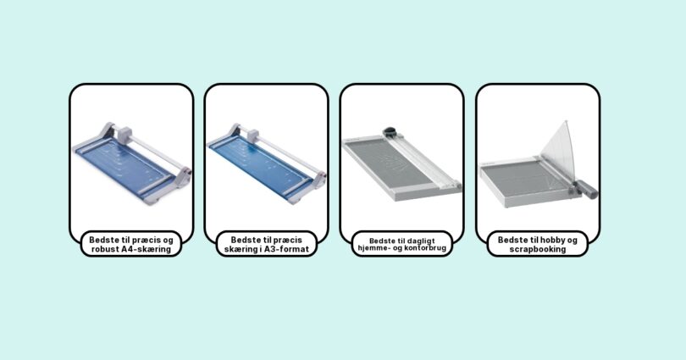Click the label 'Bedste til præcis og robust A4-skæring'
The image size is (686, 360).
point(130,244)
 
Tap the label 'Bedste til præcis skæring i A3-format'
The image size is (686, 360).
point(267,244)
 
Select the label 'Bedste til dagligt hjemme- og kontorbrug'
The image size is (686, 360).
point(402,244)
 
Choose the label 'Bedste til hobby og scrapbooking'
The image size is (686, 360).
point(537,244)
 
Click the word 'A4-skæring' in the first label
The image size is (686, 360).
point(147,249)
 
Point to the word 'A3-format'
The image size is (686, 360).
point(290,249)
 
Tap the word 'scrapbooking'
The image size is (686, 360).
point(537,249)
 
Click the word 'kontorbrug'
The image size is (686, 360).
point(426,248)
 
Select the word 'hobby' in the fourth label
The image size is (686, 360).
point(553,241)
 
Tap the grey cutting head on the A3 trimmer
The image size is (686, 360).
point(252,135)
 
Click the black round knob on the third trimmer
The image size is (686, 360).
point(390,131)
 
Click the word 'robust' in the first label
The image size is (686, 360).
point(105,249)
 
